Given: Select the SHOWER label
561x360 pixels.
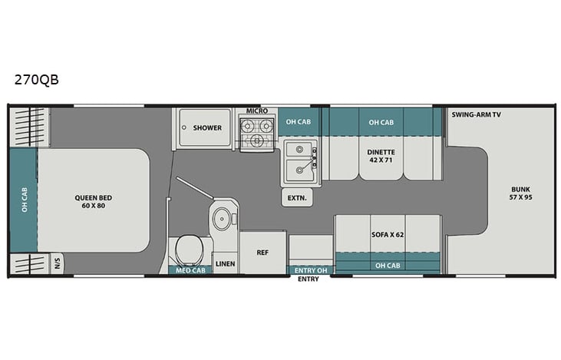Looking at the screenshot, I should pos(207,127).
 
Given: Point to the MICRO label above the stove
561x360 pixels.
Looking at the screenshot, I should pos(257,111).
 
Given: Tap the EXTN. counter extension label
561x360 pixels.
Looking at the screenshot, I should pos(298,197).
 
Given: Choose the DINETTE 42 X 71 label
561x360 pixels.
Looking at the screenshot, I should pos(381,156).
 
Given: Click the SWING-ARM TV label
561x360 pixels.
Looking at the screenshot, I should pos(476,114).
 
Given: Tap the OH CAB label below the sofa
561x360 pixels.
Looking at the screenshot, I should pos(388,266).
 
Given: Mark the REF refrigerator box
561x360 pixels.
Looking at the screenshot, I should pos(263,252).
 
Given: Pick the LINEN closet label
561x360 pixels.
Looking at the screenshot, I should pos(225,263).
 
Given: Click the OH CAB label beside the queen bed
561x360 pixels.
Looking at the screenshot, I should pos(24,200).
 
